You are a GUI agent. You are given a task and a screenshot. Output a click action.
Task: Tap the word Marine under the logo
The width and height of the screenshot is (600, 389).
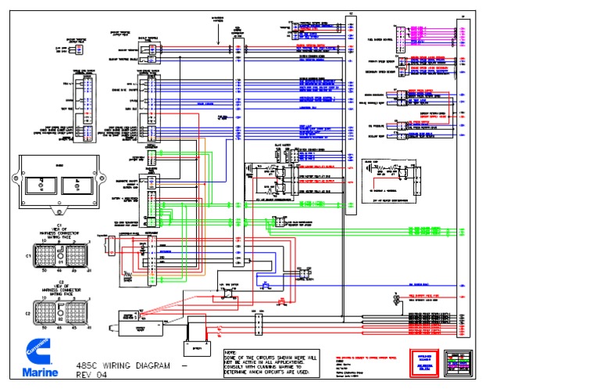click(37, 371)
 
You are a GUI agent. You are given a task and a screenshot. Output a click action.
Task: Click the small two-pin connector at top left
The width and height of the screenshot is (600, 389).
click(75, 49)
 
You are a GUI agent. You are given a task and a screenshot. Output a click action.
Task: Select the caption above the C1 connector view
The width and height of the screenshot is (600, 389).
click(59, 231)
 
